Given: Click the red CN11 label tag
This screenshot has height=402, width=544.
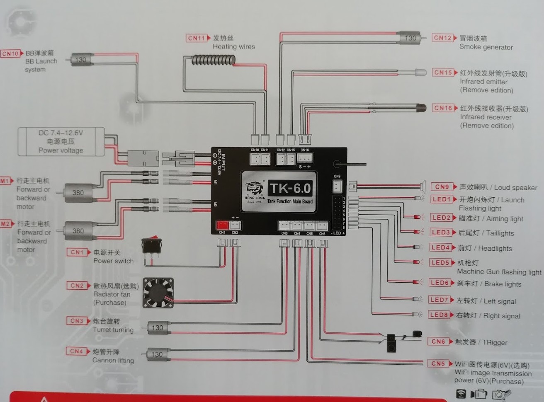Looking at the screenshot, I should click(197, 38).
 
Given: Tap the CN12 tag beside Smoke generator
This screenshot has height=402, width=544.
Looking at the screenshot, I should click(442, 38).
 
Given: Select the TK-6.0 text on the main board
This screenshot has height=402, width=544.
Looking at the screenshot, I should click(290, 189).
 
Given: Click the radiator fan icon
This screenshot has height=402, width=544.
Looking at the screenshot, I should click(158, 293).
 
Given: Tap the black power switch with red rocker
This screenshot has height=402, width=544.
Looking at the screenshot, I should click(152, 245).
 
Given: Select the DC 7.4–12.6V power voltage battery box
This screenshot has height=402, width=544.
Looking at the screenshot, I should click(61, 142).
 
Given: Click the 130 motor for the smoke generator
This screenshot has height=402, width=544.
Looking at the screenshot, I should click(410, 38).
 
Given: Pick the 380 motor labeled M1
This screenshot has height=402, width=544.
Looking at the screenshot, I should click(78, 193).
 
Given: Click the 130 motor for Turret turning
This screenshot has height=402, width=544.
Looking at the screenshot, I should click(157, 328).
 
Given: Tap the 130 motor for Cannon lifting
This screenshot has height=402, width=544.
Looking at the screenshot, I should click(157, 354).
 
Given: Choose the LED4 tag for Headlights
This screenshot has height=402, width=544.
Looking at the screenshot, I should click(440, 247).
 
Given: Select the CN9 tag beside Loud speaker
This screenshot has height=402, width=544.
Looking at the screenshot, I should click(442, 187).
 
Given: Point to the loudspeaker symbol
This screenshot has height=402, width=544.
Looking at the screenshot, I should click(423, 186).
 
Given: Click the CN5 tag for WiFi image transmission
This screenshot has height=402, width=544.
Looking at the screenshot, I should click(438, 363).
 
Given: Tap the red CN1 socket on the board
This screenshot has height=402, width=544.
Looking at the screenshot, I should click(222, 225).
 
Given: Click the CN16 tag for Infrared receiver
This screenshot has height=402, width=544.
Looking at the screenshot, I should click(443, 108).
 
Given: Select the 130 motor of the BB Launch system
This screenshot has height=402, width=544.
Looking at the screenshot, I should click(81, 60).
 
